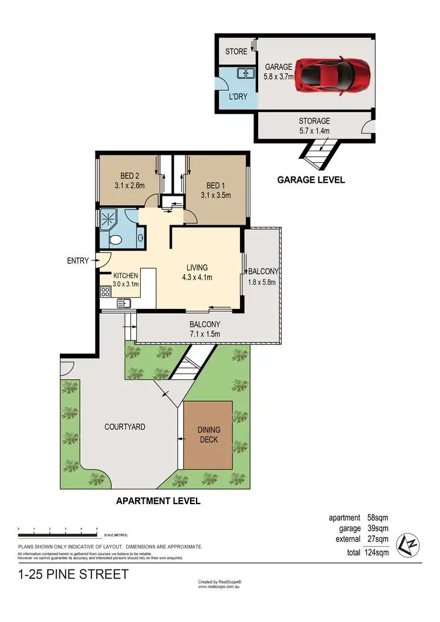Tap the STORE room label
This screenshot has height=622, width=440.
click(x=236, y=52)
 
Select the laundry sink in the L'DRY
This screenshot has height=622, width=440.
click(x=245, y=73)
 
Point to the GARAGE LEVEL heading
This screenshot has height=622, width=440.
click(x=311, y=180)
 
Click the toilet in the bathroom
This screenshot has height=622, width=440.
click(x=116, y=240)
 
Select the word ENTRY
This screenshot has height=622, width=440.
click(x=78, y=260)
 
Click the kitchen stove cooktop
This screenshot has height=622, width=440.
click(x=106, y=291)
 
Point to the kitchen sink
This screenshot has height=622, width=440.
click(x=124, y=302)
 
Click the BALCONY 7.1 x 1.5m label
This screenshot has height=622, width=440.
click(x=204, y=329)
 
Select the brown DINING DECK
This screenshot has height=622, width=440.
click(x=208, y=434)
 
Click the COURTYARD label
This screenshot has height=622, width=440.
click(x=124, y=427)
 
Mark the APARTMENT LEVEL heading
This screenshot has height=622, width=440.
click(x=158, y=501)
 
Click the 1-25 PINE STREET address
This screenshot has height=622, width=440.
click(x=73, y=575)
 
